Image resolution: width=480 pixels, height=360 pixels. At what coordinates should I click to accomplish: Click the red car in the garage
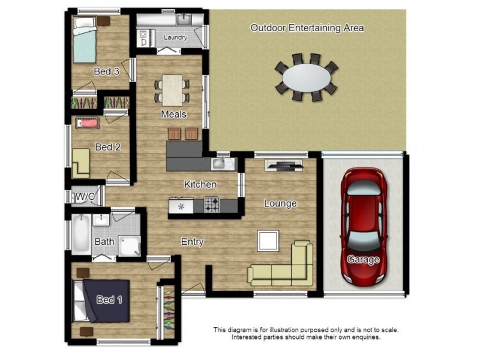(364, 227)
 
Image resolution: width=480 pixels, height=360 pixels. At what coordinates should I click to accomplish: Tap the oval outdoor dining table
(307, 77)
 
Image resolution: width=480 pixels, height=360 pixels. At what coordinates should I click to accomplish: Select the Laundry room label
(175, 37)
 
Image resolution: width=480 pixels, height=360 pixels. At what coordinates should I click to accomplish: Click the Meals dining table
(172, 90)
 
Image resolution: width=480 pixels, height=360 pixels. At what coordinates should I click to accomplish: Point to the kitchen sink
(218, 163)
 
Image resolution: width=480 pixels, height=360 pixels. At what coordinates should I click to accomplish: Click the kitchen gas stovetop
(212, 205)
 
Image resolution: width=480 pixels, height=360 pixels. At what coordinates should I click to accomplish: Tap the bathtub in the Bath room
(81, 233)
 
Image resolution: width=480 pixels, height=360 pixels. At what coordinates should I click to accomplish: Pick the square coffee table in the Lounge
(268, 241)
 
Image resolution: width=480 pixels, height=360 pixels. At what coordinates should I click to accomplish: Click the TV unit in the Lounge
(284, 166)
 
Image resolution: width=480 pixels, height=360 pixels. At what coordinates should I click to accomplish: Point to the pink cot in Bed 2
(88, 123)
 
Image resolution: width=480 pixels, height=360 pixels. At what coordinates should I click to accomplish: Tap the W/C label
(85, 196)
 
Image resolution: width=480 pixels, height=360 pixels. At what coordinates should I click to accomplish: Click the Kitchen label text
(200, 184)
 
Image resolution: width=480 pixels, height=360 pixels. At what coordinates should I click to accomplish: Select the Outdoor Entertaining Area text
(307, 28)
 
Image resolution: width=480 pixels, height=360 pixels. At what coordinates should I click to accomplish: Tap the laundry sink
(184, 20)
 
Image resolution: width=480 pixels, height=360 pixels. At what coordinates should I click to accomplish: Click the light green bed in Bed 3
(85, 40)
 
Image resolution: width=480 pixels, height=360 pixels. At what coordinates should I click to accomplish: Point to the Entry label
(192, 242)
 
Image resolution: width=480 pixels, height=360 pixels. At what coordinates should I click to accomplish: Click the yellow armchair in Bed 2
(81, 163)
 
